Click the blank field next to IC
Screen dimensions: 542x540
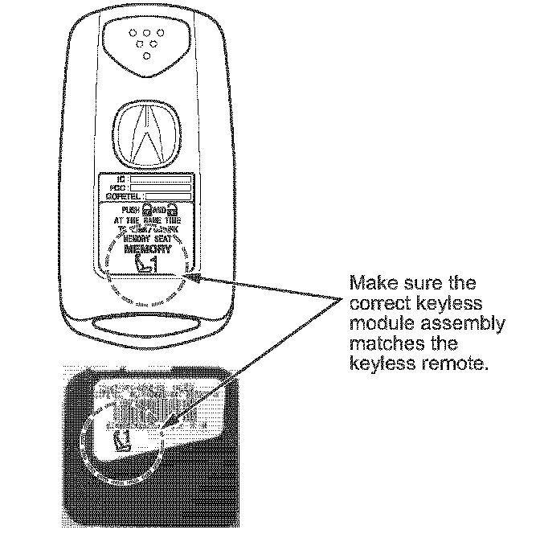point(161,179)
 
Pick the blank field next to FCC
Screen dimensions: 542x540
point(161,187)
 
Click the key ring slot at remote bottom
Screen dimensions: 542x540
point(147,326)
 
